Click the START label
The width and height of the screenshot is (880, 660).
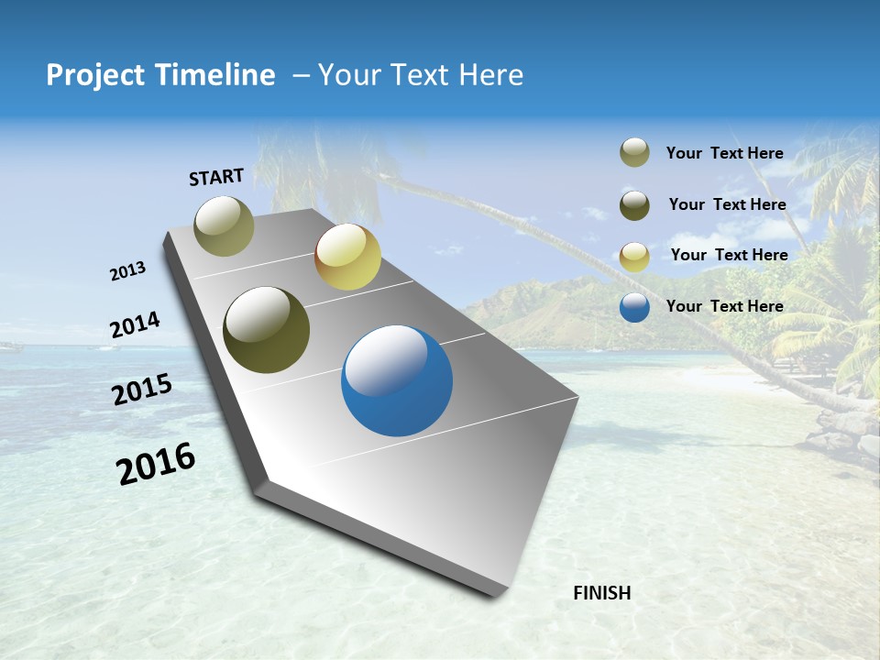[x=216, y=177]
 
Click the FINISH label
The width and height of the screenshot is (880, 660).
[x=601, y=593]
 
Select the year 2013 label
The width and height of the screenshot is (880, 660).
[x=127, y=271]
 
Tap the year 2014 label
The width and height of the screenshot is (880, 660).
[x=135, y=325]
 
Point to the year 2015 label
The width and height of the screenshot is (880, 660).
[x=142, y=390]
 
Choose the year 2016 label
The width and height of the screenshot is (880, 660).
[x=156, y=464]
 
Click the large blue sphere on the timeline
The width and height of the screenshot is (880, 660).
[x=396, y=380]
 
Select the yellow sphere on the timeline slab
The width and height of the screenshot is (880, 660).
[x=347, y=257]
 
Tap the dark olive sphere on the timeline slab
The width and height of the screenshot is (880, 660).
[x=266, y=330]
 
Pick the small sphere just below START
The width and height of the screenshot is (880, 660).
[x=224, y=225]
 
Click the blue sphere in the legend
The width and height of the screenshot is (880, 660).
[x=634, y=307]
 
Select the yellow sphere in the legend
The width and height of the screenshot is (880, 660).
[x=634, y=257]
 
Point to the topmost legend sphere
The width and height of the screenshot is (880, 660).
[x=634, y=153]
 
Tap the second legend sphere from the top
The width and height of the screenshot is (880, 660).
[x=634, y=205]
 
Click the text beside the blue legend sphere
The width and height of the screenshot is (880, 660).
[x=724, y=306]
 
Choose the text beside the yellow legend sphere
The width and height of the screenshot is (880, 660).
[x=729, y=255]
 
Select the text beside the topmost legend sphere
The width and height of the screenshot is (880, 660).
[x=724, y=154]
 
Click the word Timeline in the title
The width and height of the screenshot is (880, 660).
[x=216, y=75]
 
